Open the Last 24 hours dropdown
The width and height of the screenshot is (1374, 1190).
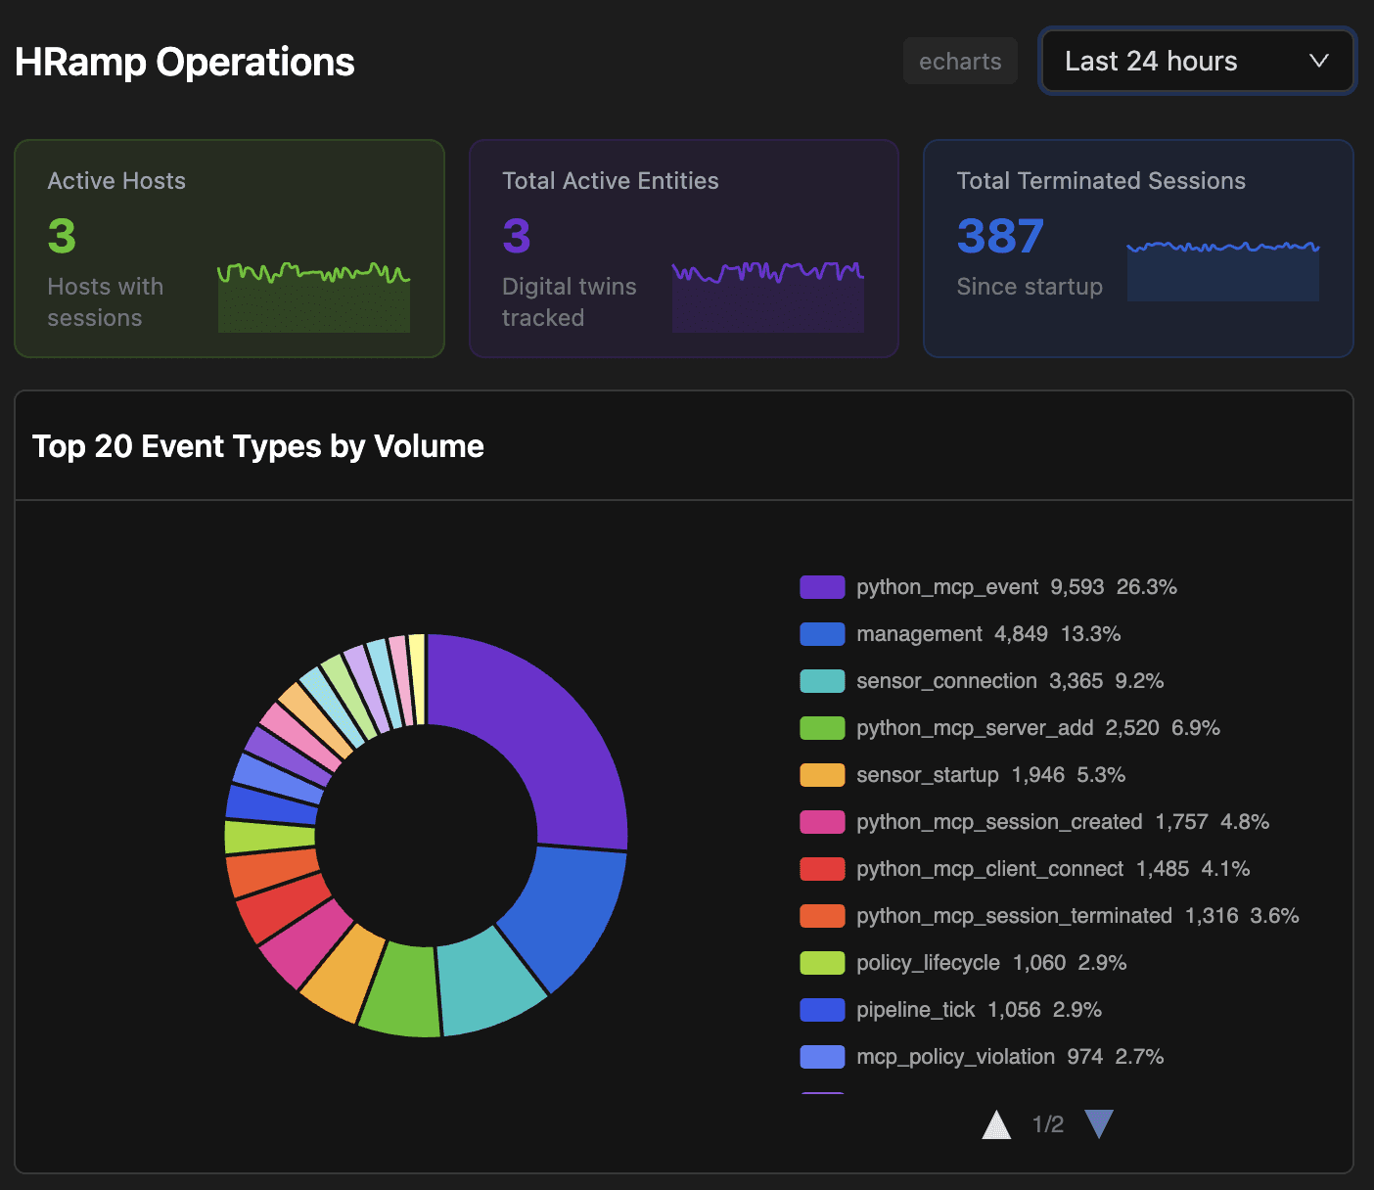(1197, 61)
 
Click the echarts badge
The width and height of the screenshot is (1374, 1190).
(960, 61)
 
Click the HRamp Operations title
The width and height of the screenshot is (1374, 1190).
(185, 62)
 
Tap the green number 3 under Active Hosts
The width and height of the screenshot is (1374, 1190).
(62, 236)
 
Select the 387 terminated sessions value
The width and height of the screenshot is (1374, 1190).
(1000, 236)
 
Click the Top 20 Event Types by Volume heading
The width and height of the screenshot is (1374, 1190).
(258, 446)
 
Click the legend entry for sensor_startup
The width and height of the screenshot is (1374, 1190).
(927, 775)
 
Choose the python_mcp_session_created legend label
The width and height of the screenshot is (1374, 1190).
(999, 822)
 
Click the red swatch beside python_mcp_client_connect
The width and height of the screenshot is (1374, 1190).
(822, 869)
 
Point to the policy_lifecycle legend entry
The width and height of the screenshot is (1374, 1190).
(928, 963)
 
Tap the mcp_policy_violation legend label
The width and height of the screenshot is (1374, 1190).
(955, 1057)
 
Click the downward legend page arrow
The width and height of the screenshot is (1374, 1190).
(1099, 1123)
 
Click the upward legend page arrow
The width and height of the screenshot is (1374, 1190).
(996, 1125)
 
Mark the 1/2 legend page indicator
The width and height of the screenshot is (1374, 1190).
(1047, 1124)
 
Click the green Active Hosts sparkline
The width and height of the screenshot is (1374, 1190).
(313, 298)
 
